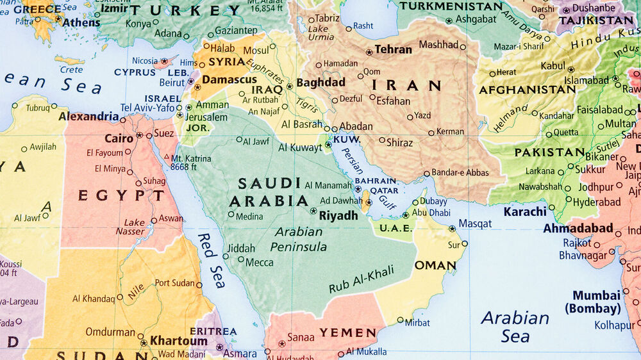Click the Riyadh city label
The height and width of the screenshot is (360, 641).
coord(338,215)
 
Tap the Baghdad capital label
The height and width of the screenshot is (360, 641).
coord(320,82)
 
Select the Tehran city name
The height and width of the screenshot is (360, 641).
coord(394,49)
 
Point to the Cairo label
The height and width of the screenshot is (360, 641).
coord(119,138)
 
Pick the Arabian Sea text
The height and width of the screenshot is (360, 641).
coord(515,326)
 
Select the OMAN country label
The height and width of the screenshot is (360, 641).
coord(435,265)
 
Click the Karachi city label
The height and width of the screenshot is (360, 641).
coord(525,211)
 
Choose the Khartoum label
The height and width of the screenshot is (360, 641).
coord(179,341)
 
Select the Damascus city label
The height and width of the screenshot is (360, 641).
coord(230,80)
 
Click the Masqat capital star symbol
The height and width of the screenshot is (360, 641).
coord(452,228)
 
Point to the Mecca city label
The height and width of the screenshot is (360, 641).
coord(260,262)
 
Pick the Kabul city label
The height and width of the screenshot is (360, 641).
coord(553,65)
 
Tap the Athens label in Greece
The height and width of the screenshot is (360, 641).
coord(81,22)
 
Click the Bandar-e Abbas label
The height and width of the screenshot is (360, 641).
coord(460,172)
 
